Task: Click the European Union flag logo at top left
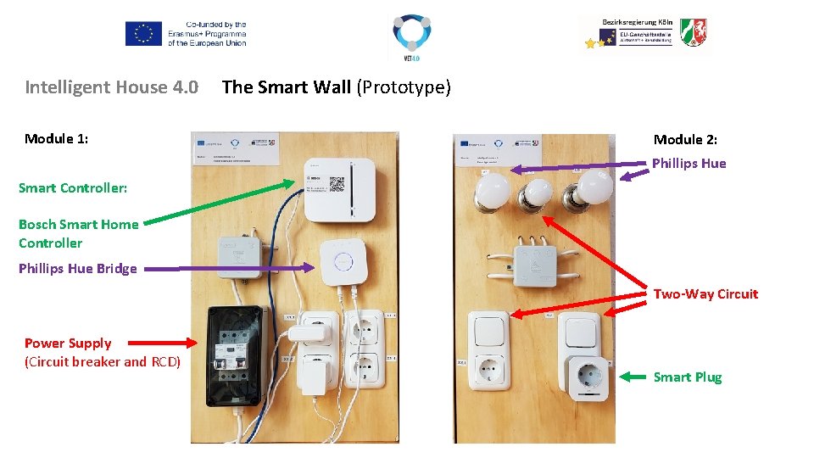[x=143, y=34]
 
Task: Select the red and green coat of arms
[x=693, y=32]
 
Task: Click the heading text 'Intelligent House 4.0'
[x=111, y=87]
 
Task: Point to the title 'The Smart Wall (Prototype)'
[x=336, y=87]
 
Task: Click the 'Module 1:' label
[x=57, y=138]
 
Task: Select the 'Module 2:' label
[x=685, y=139]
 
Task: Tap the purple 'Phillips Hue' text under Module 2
[x=689, y=164]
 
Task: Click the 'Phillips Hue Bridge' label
[x=77, y=269]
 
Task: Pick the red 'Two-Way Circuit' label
[x=705, y=294]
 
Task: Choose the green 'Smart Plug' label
[x=687, y=377]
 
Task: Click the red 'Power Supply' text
[x=68, y=343]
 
